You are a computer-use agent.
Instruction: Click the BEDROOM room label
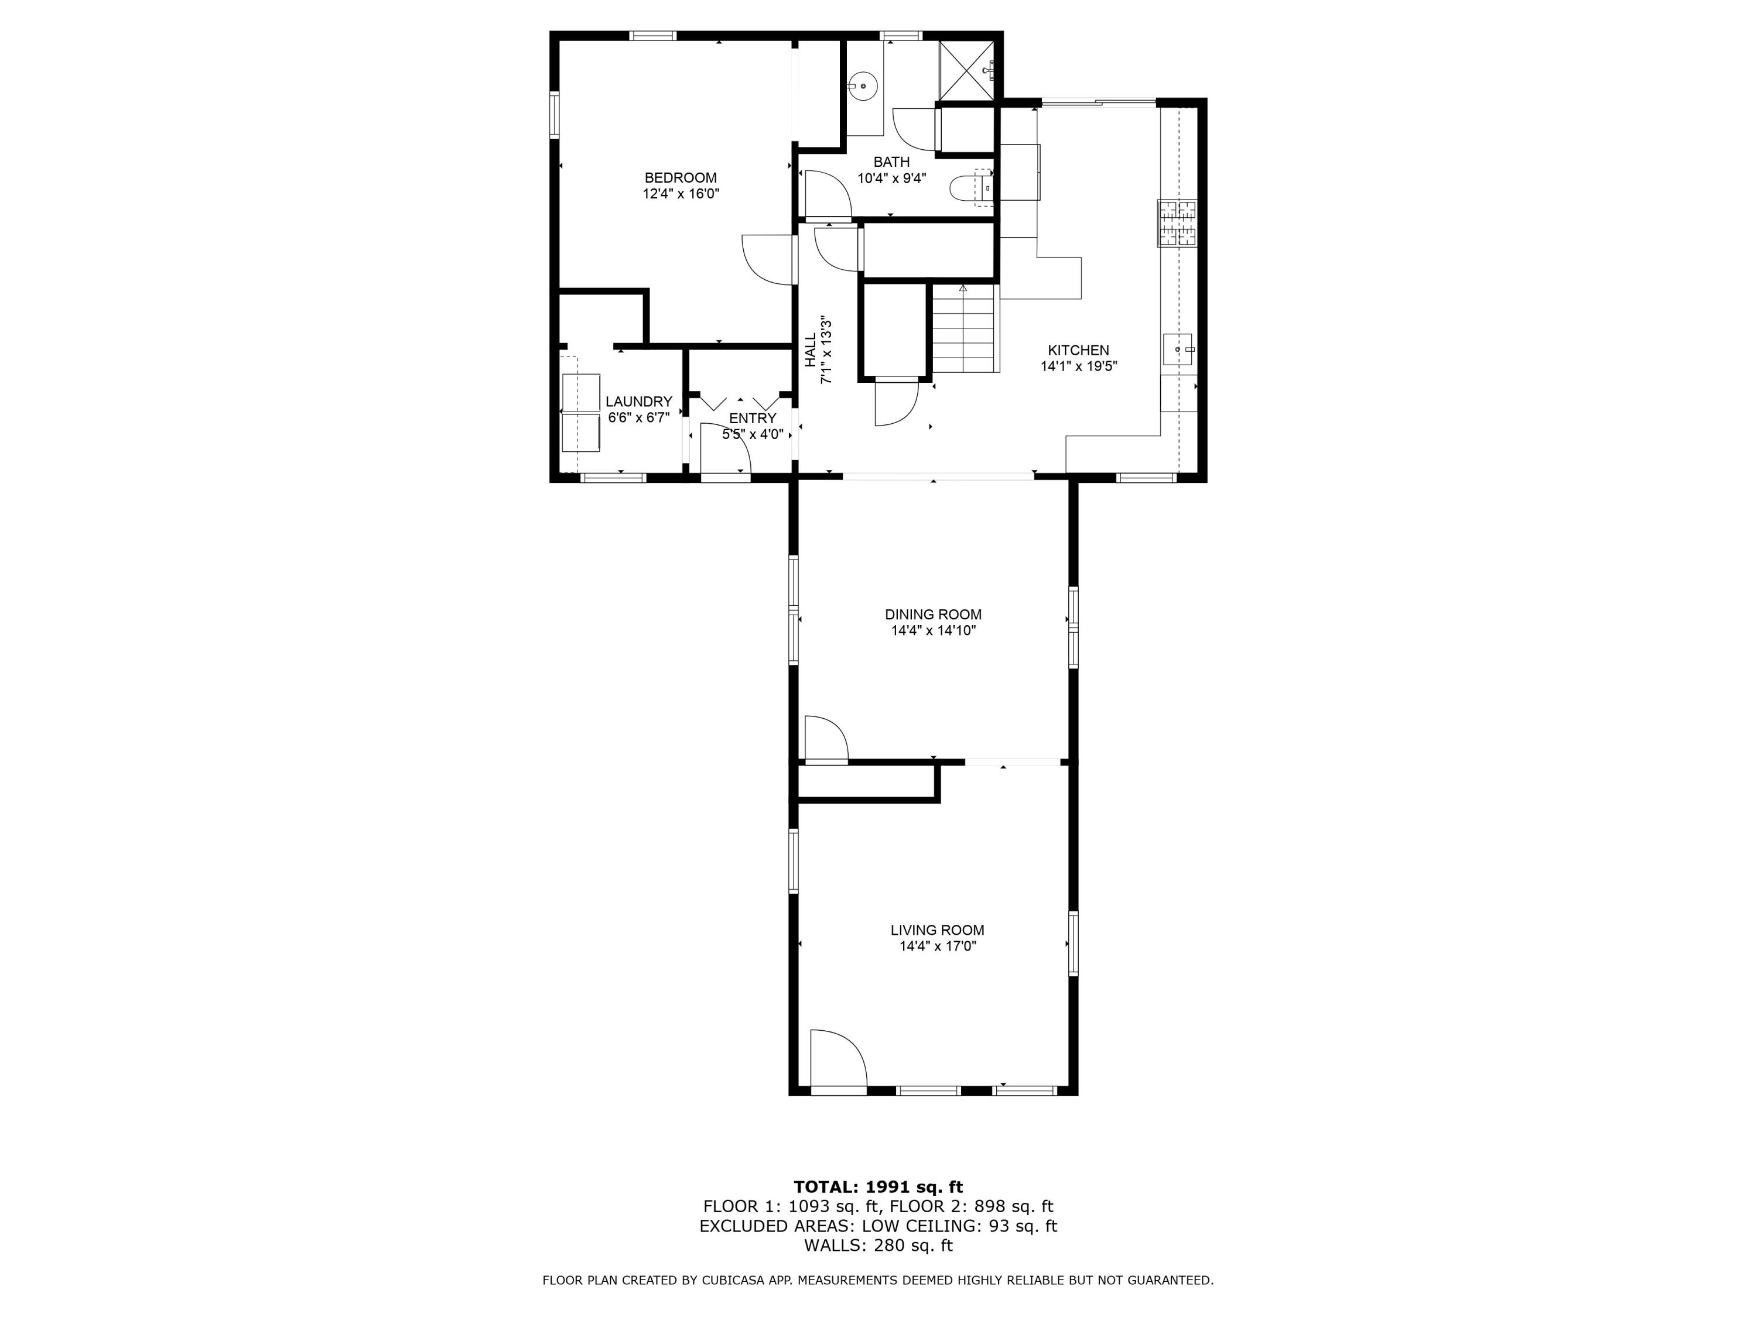[680, 178]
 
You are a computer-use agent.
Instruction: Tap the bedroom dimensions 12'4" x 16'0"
[681, 194]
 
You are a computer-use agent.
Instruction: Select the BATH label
[891, 162]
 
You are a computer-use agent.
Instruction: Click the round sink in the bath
[862, 84]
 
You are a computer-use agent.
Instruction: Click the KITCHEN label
[1078, 350]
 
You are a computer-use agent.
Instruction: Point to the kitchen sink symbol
[1177, 349]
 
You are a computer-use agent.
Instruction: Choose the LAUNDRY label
[638, 402]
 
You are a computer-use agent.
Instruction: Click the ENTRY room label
[752, 419]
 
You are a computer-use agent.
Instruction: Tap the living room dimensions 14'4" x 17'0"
[937, 946]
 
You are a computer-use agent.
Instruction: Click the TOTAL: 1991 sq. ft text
[878, 1187]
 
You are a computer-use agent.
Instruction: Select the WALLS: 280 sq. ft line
[878, 1246]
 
